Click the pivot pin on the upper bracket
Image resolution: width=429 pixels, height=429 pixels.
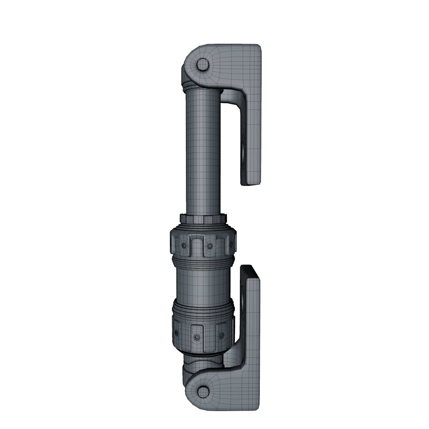tap(203, 64)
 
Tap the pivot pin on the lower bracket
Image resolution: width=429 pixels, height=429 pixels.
tap(203, 392)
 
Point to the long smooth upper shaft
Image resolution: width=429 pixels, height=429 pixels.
tap(203, 151)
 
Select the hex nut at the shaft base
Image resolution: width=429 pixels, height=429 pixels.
tap(203, 218)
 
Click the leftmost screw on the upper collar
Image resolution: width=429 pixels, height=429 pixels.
tap(184, 246)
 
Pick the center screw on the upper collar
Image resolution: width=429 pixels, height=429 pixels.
tap(209, 246)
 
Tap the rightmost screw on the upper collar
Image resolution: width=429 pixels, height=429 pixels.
tap(230, 245)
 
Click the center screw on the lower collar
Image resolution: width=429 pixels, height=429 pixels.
tap(197, 337)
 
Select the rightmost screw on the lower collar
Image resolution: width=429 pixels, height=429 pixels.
tap(221, 336)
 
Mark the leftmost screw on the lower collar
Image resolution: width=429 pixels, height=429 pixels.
tap(176, 333)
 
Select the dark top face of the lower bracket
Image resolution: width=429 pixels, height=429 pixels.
tap(250, 272)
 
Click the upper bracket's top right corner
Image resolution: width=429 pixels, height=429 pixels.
tap(259, 46)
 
